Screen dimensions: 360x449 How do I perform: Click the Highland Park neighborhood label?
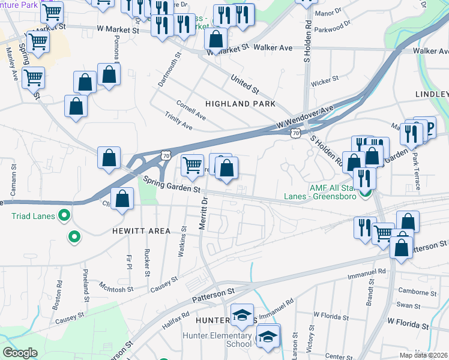240,104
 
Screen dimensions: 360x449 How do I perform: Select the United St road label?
245,84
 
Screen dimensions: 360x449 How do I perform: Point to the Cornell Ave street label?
191,110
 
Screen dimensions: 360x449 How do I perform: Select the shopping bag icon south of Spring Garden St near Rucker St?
122,200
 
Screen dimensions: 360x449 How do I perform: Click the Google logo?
20,353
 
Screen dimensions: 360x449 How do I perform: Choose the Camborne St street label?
413,292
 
